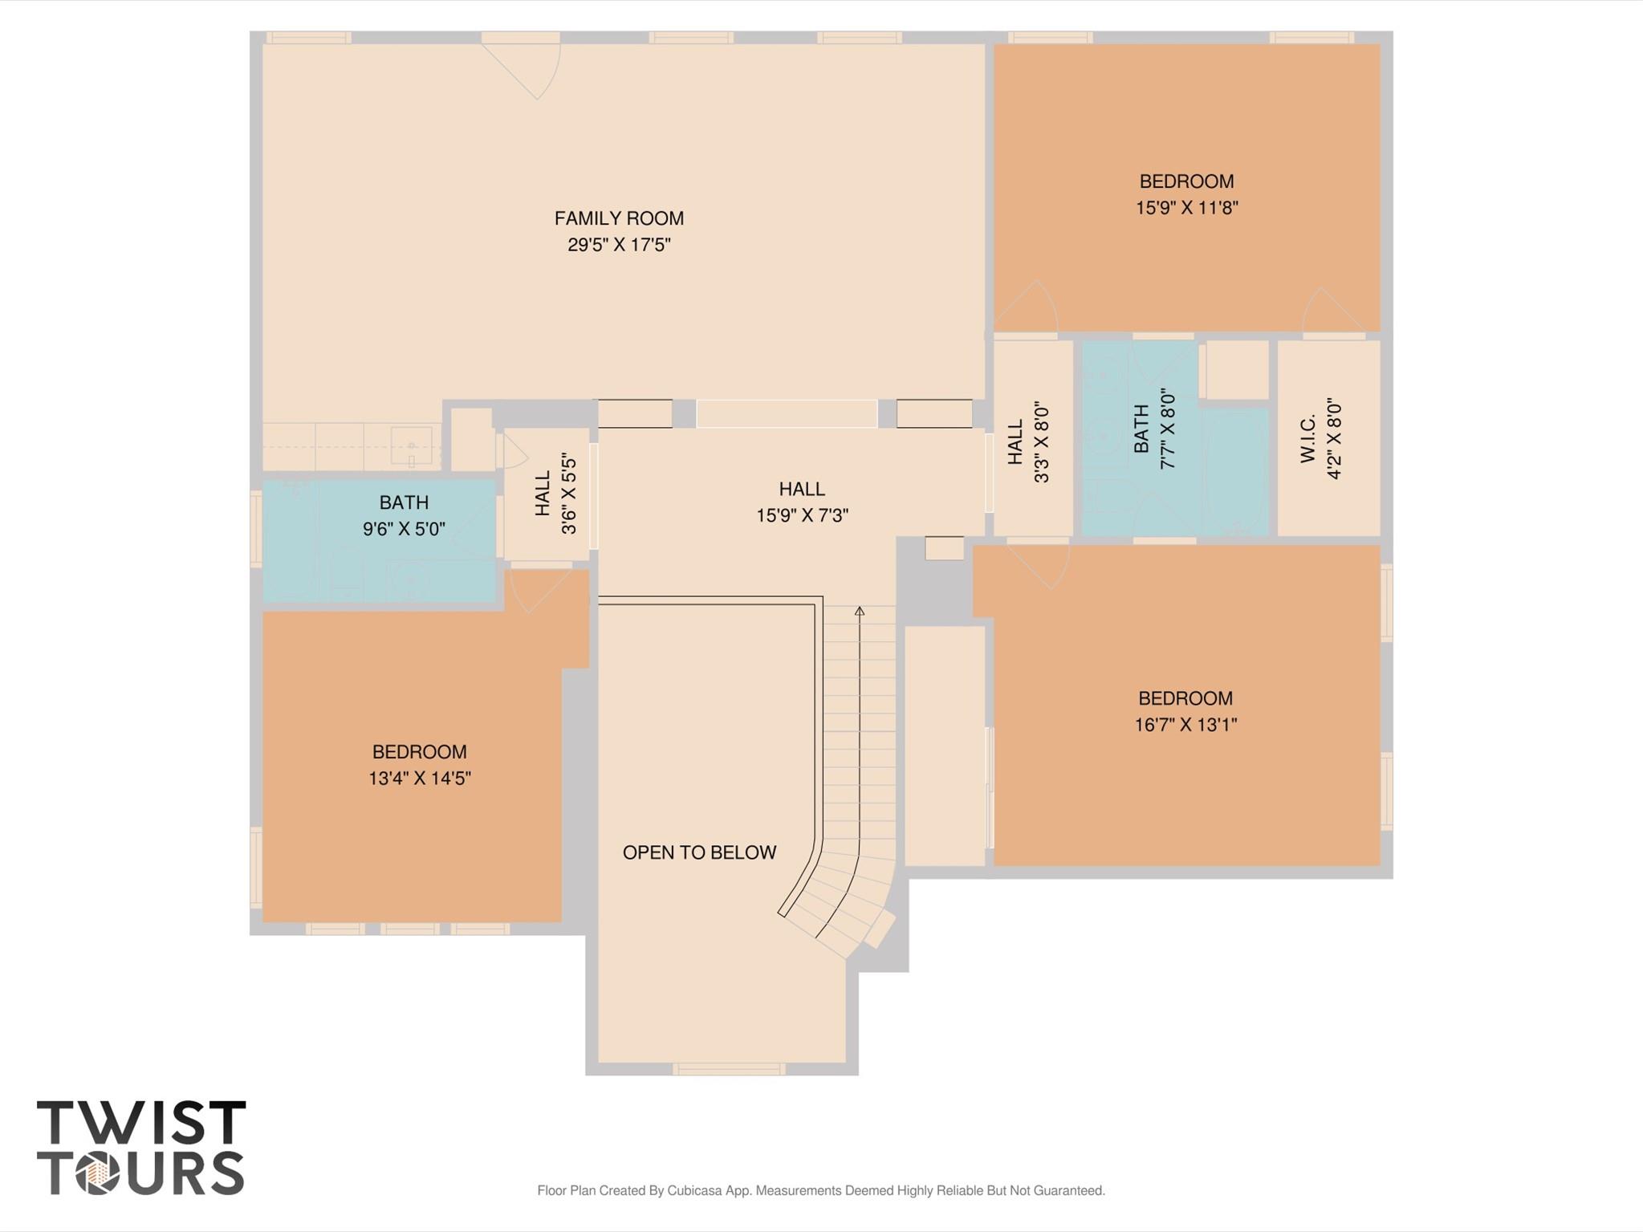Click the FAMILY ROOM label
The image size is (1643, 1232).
click(619, 218)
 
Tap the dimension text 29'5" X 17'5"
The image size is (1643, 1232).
click(619, 245)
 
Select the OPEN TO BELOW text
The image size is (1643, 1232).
click(699, 852)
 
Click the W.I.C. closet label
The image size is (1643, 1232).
click(1308, 438)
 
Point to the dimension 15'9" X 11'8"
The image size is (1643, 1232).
click(1186, 208)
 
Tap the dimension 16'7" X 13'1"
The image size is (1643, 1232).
click(1185, 725)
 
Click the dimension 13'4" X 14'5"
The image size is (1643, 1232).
click(419, 779)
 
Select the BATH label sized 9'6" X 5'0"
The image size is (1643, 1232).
click(404, 502)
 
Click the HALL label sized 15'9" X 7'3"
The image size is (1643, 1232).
click(801, 489)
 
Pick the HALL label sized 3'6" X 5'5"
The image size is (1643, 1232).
click(543, 493)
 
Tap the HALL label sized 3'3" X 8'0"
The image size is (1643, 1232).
click(1015, 441)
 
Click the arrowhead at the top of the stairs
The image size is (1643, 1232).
click(860, 612)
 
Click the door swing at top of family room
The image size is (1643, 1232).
click(530, 69)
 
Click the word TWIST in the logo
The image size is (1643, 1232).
click(141, 1123)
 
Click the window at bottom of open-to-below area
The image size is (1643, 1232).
click(728, 1068)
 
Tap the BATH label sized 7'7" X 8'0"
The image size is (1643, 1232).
click(1141, 429)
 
